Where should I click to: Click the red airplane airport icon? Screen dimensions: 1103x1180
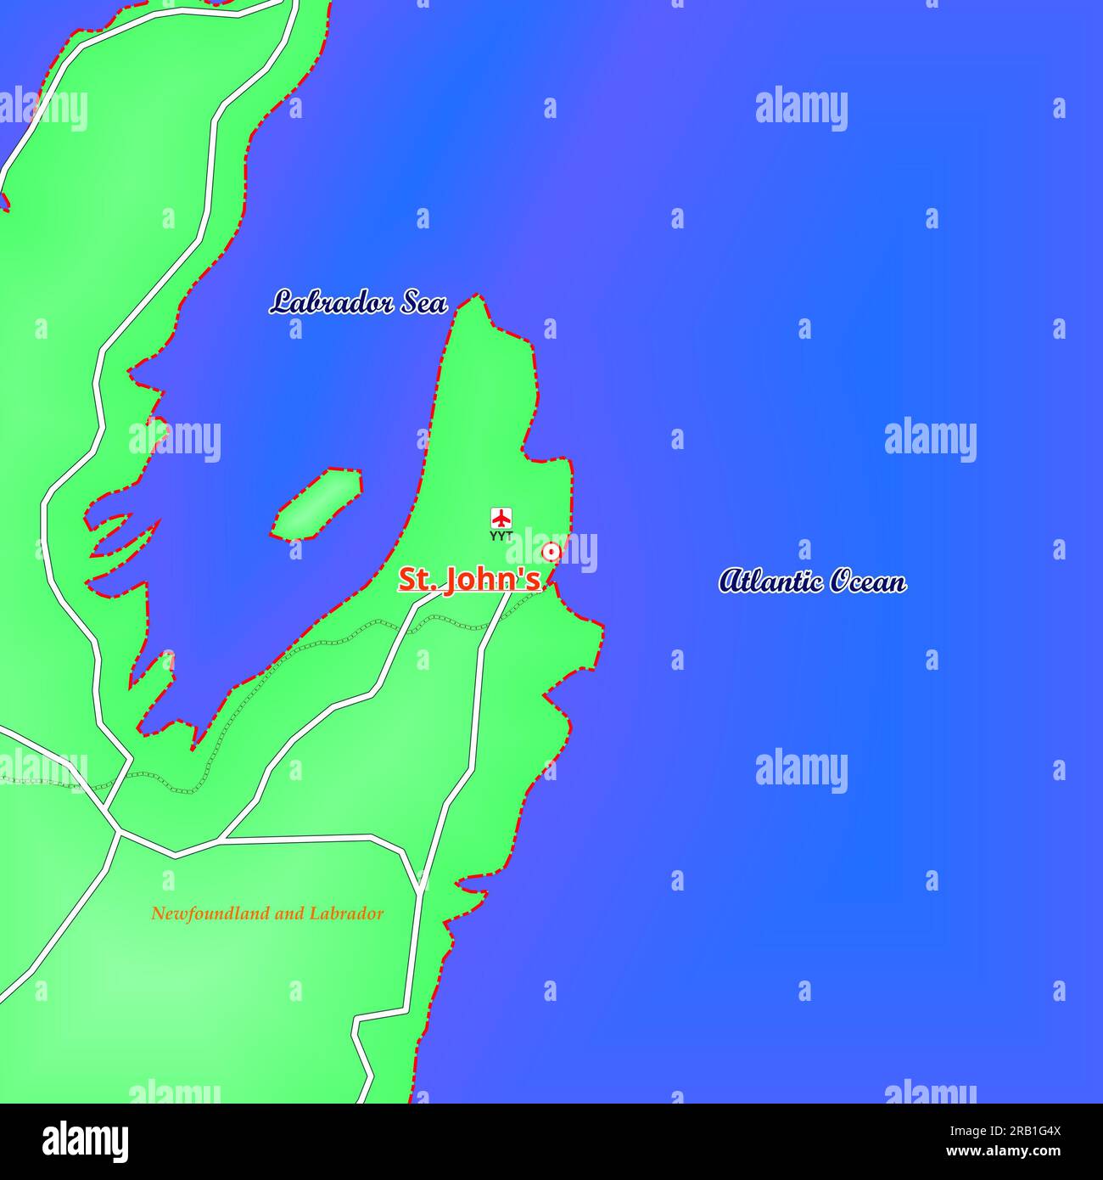click(501, 517)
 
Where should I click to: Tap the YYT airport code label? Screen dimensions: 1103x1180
click(501, 536)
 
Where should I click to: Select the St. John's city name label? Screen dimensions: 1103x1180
click(469, 580)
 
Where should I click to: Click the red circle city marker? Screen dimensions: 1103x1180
click(551, 553)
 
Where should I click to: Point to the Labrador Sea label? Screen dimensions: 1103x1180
click(358, 302)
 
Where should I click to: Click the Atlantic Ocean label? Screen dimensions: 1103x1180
click(812, 582)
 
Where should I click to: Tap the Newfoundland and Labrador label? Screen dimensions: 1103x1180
click(267, 913)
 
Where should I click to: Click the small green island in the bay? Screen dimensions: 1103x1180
click(317, 505)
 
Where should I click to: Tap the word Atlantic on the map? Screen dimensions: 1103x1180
click(771, 582)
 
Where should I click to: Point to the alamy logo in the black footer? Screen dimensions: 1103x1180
click(86, 1142)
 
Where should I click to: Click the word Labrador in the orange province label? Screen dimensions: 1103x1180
click(346, 913)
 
